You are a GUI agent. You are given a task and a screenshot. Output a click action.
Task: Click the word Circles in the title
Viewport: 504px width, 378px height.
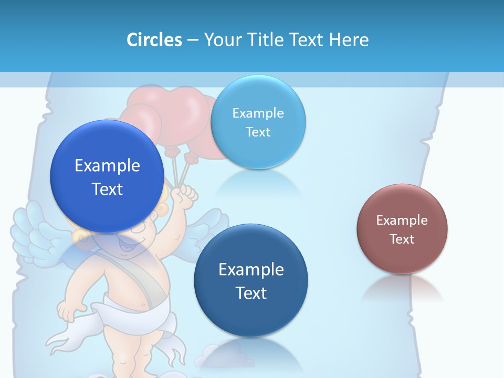(154, 40)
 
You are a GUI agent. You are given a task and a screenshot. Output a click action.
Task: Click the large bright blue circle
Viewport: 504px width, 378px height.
(107, 176)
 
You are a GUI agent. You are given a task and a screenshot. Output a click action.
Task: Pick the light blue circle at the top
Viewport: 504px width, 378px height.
(258, 122)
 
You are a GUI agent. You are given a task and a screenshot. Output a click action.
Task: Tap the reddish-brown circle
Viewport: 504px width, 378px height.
(402, 229)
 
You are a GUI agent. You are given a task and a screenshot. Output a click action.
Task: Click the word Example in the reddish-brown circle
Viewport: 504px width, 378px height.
(402, 220)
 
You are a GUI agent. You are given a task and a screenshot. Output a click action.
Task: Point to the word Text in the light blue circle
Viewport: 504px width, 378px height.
(258, 132)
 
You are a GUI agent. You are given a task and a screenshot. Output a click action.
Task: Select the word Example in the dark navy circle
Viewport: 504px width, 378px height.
(250, 269)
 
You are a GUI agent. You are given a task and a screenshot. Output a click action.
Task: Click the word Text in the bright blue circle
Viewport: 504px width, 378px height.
(107, 188)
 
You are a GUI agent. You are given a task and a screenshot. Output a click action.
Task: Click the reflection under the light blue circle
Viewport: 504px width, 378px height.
(258, 182)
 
